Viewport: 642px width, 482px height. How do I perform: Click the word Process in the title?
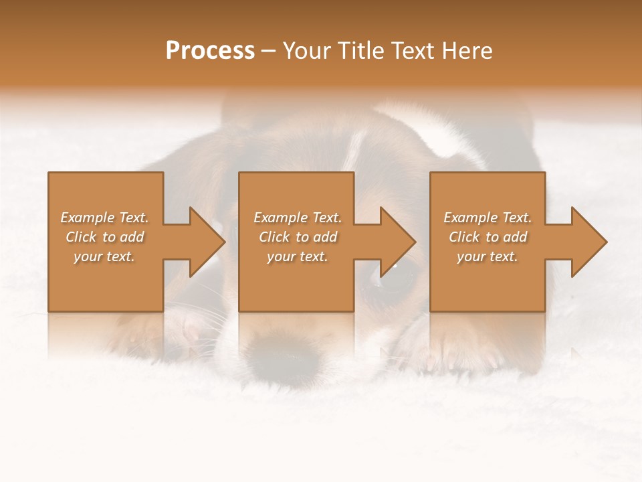pyautogui.click(x=210, y=51)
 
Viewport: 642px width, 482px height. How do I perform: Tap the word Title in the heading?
pyautogui.click(x=361, y=51)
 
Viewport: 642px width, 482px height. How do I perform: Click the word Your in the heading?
pyautogui.click(x=308, y=51)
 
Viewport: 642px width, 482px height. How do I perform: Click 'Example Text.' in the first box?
pyautogui.click(x=104, y=218)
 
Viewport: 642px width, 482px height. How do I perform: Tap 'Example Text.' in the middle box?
pyautogui.click(x=298, y=218)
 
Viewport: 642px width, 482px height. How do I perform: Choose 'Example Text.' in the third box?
pyautogui.click(x=488, y=218)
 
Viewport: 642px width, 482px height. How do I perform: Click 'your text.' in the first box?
pyautogui.click(x=104, y=256)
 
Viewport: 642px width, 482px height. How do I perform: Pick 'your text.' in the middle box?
pyautogui.click(x=298, y=256)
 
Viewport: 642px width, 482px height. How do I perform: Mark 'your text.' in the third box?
pyautogui.click(x=488, y=256)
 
